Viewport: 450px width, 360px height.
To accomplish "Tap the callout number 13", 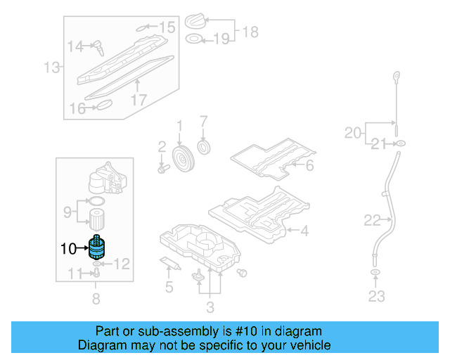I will click(x=52, y=68).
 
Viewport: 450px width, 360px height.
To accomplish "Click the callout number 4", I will click(x=304, y=230).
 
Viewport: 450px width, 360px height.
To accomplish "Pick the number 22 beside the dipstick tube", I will click(x=372, y=221).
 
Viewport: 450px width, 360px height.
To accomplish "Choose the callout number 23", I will click(x=377, y=296).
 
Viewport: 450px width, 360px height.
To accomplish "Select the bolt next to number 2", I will click(x=164, y=169).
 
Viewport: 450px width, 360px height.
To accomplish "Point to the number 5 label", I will click(x=169, y=286).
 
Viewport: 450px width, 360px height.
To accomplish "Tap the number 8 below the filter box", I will click(x=96, y=298).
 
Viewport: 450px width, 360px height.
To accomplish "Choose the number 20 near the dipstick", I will click(x=353, y=132).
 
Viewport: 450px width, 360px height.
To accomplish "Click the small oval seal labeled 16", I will click(x=103, y=105).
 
